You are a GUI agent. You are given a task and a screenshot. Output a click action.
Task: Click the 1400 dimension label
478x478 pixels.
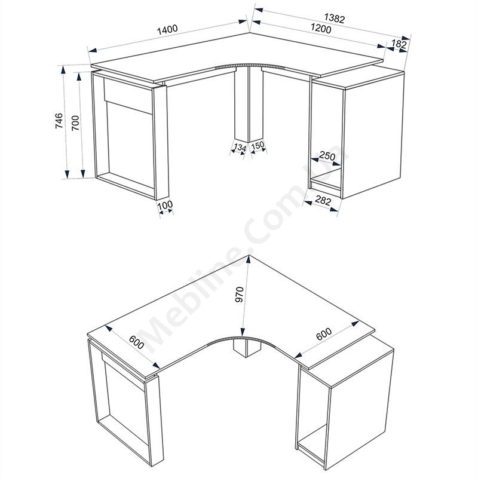[x=167, y=29]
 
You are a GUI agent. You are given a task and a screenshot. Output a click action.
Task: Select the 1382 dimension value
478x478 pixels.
[x=334, y=19]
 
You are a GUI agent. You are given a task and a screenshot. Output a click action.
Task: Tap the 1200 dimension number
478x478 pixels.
[x=321, y=29]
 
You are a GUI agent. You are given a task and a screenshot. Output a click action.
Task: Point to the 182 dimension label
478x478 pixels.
[x=399, y=44]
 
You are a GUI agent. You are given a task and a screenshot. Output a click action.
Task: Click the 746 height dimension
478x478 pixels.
[x=59, y=121]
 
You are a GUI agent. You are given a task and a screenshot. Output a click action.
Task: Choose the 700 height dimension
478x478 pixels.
[x=75, y=123]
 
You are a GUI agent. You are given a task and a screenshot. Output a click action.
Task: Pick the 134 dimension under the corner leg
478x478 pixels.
[x=240, y=148]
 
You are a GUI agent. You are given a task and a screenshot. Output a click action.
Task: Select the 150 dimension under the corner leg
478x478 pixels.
[x=258, y=145]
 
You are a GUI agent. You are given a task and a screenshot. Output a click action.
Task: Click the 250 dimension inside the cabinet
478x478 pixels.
[x=327, y=157]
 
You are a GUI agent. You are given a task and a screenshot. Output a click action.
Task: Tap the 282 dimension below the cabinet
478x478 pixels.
[x=323, y=201]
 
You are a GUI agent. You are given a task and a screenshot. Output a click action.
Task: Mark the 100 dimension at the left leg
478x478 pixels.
[x=165, y=205]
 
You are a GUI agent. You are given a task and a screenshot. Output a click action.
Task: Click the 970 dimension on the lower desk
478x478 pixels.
[x=240, y=295]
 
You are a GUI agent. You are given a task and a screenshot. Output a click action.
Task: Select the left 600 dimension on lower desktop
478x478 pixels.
[x=136, y=342]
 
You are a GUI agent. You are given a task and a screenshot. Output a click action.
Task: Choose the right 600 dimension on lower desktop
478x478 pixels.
[x=324, y=334]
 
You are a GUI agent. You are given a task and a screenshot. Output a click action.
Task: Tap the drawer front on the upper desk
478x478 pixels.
[x=128, y=96]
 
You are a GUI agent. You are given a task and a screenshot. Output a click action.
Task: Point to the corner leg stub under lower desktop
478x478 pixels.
[x=246, y=349]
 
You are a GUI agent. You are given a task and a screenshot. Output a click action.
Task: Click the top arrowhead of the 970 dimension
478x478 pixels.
[x=249, y=260]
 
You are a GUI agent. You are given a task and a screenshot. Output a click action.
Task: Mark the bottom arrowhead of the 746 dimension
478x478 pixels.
[x=67, y=174]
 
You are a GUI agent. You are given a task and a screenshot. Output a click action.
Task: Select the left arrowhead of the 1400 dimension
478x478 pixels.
[x=93, y=50]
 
